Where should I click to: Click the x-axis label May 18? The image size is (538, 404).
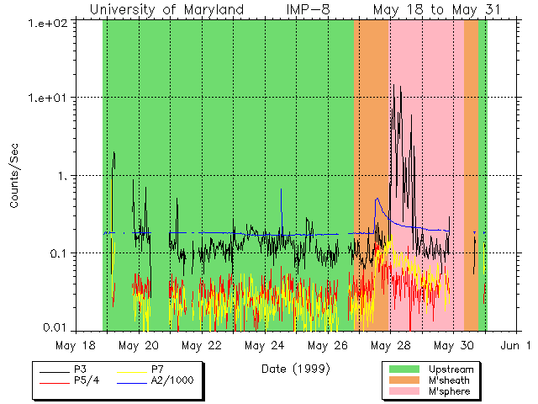tap(76, 345)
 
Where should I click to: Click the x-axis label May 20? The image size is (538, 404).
tap(139, 345)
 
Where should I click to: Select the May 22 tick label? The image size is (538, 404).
tap(202, 345)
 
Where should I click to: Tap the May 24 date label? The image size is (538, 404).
tap(265, 345)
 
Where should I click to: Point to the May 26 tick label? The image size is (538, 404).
tap(328, 345)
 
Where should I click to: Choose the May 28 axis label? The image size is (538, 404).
tap(391, 345)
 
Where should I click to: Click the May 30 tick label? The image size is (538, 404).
tap(454, 345)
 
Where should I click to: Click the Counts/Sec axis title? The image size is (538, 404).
tap(14, 176)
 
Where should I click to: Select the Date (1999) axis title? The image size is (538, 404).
tap(295, 369)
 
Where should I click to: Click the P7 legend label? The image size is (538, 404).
tap(157, 369)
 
